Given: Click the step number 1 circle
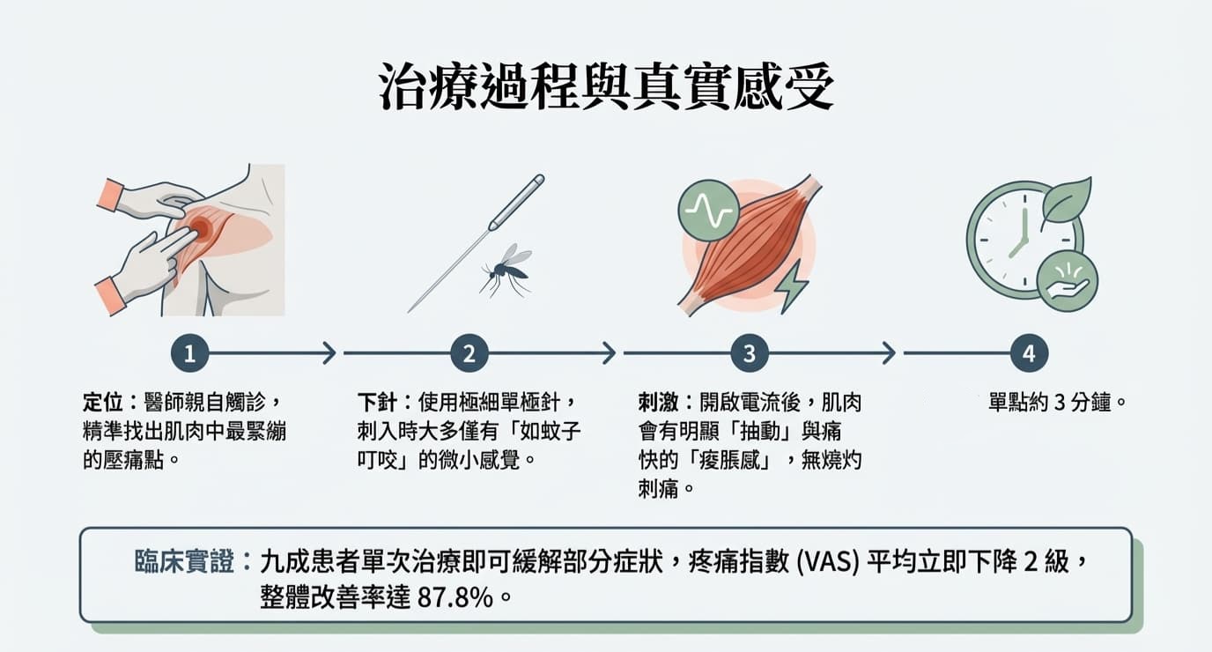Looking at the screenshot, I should [x=190, y=354].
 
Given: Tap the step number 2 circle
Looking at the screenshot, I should [x=469, y=354].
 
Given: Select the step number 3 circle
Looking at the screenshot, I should [x=750, y=354].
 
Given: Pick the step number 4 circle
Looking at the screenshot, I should [x=1029, y=354].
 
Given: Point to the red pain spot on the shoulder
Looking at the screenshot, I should [x=202, y=229].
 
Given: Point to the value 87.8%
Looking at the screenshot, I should [x=454, y=596].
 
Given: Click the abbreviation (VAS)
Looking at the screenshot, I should [x=826, y=562].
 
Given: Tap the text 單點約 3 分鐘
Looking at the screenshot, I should [x=1058, y=404].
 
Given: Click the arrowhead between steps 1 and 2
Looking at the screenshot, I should [x=329, y=354].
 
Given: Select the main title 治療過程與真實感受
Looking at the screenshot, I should [x=606, y=87].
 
